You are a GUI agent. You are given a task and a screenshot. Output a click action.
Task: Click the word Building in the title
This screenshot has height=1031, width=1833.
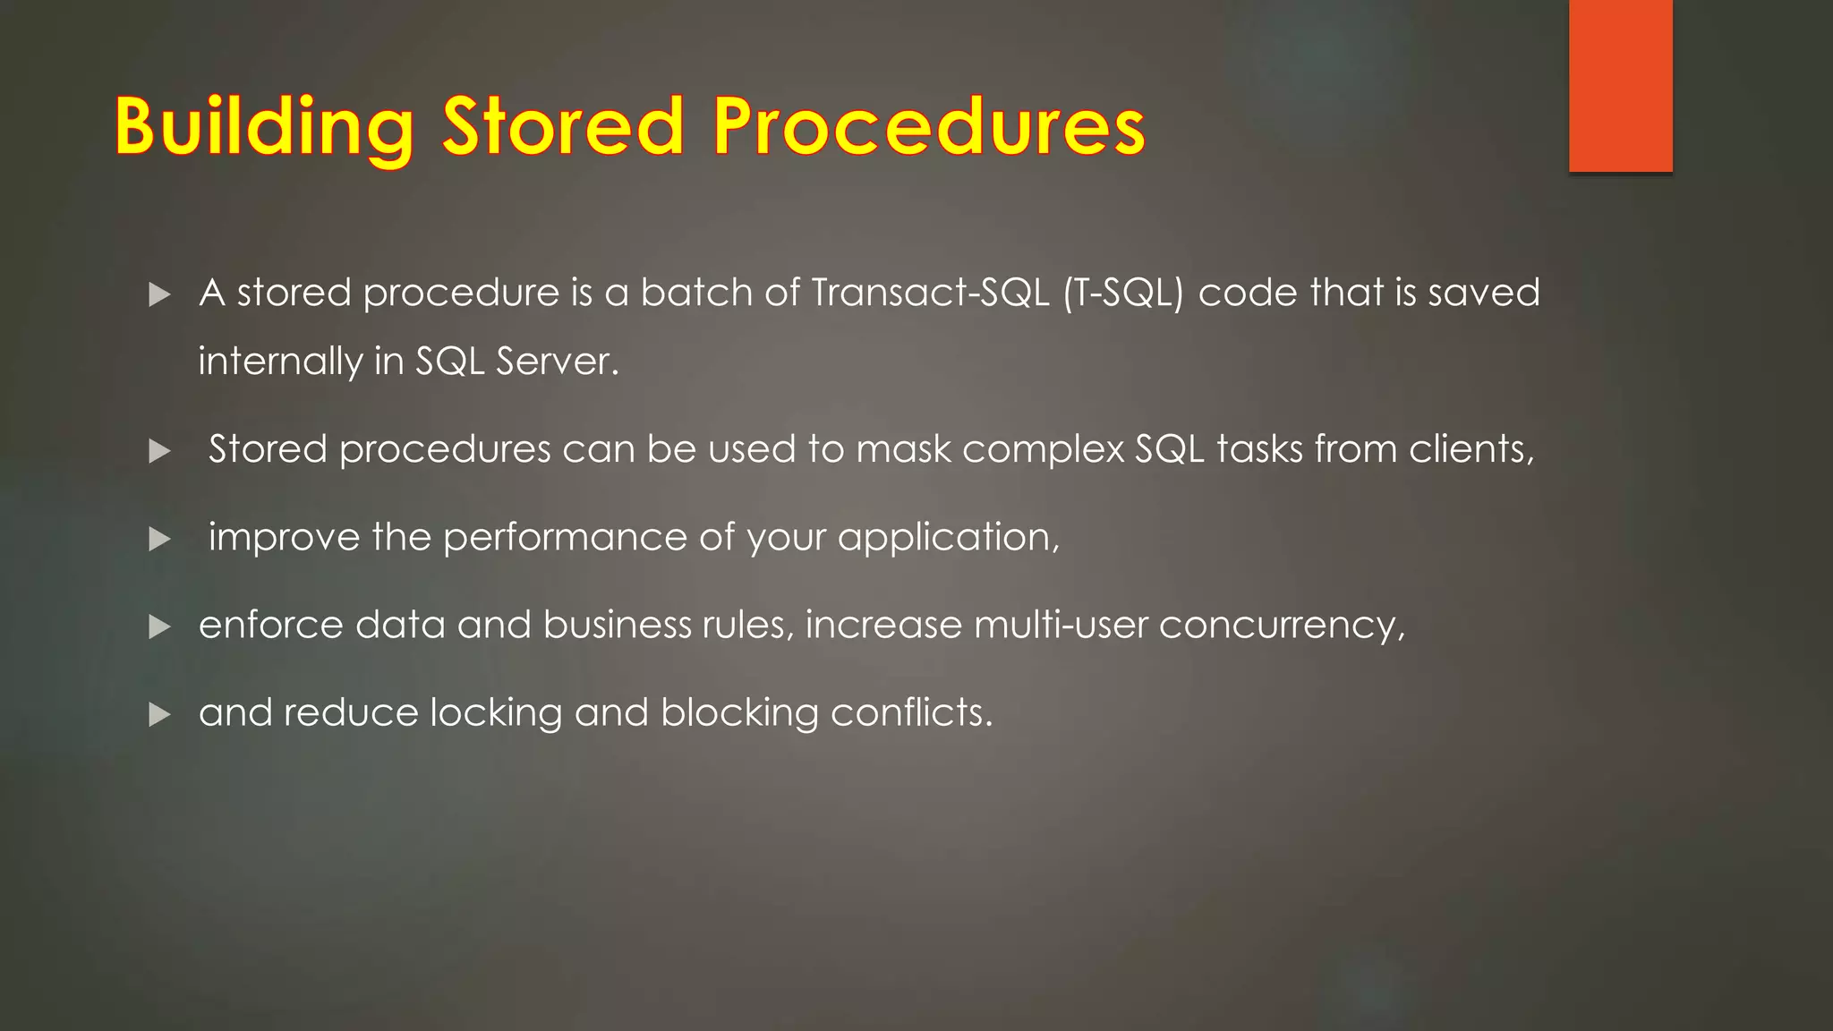pos(264,127)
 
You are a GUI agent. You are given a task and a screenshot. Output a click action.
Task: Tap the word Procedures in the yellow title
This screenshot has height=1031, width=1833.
pos(928,127)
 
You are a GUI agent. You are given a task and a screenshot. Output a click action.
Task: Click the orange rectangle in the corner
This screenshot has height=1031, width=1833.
pos(1620,85)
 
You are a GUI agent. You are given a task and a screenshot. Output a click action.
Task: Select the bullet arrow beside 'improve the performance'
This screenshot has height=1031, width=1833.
pos(159,539)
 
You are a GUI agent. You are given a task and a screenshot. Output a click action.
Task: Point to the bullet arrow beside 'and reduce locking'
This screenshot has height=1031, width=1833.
pos(159,714)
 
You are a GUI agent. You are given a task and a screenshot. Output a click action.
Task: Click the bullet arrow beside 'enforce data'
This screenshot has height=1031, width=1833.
pos(159,626)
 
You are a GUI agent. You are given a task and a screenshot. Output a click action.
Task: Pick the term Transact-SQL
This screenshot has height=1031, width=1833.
pos(930,293)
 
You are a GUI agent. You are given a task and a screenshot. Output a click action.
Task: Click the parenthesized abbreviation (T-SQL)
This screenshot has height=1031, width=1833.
pos(1123,293)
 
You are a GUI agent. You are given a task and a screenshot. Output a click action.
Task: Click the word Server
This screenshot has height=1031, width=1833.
pos(556,362)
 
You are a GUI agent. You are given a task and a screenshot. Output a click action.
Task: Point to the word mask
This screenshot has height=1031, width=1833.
pos(903,449)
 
